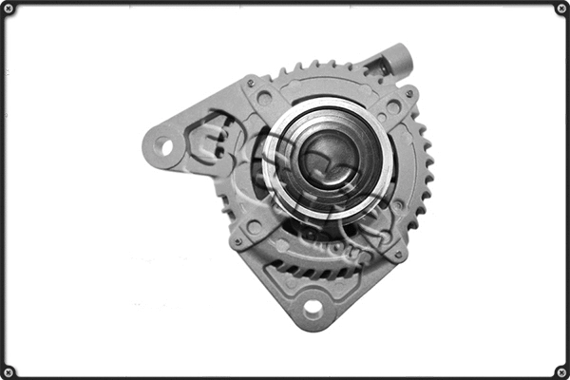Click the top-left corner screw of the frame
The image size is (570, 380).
pos(9,9)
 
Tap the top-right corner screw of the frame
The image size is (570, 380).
pos(561,9)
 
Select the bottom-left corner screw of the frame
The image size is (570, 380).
pos(9,371)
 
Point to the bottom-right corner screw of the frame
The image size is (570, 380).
pos(561,371)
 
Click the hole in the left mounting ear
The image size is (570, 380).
pos(164,146)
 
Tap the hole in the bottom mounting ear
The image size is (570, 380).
pos(312,307)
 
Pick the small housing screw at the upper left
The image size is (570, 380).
pos(249,83)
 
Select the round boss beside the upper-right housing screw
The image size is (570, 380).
pos(393,107)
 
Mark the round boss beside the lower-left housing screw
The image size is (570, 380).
pos(254,228)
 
